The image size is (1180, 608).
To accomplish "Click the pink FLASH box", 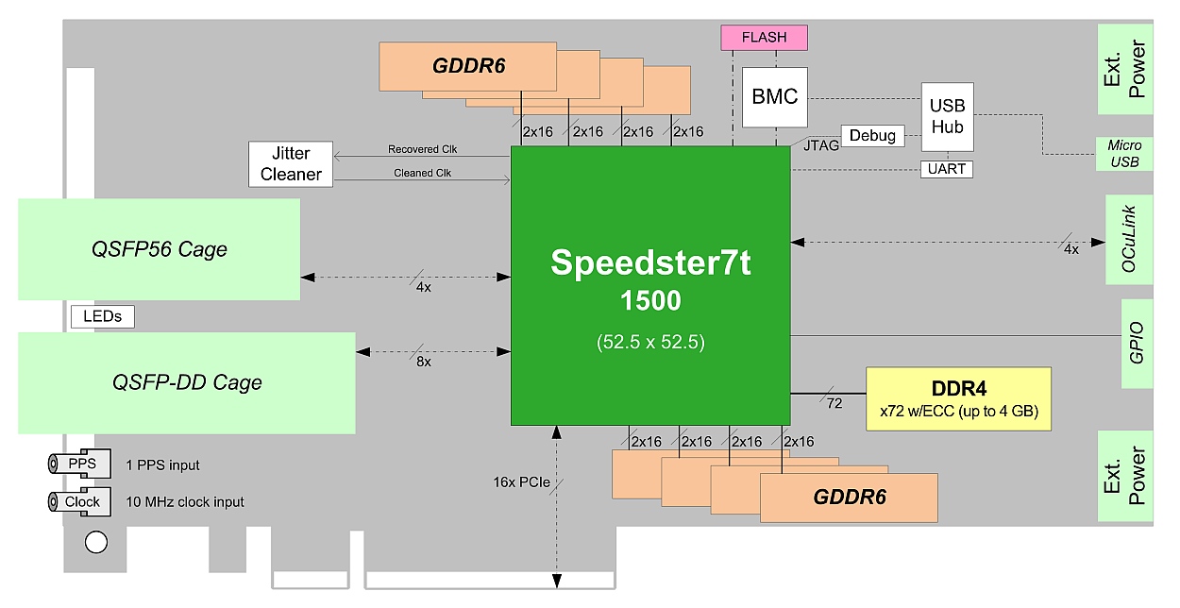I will pyautogui.click(x=764, y=38).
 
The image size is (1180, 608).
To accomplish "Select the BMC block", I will pyautogui.click(x=774, y=96).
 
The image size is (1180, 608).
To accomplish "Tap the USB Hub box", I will pyautogui.click(x=947, y=116).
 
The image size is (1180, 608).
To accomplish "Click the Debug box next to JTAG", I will pyautogui.click(x=871, y=136).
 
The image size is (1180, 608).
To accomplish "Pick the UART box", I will pyautogui.click(x=947, y=169).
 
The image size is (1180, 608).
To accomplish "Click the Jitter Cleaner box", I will pyautogui.click(x=291, y=163).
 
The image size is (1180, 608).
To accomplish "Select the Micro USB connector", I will pyautogui.click(x=1124, y=154).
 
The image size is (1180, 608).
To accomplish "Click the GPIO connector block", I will pyautogui.click(x=1136, y=344).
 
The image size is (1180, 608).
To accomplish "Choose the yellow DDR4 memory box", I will pyautogui.click(x=958, y=398).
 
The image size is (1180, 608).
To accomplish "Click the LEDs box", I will pyautogui.click(x=102, y=316).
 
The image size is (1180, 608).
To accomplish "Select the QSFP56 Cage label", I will pyautogui.click(x=159, y=249).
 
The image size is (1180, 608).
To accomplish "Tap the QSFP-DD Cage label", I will pyautogui.click(x=187, y=382).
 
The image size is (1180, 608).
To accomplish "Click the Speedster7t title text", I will pyautogui.click(x=650, y=263).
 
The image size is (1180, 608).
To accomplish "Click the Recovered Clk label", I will pyautogui.click(x=422, y=149).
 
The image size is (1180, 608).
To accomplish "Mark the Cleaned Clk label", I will pyautogui.click(x=422, y=173).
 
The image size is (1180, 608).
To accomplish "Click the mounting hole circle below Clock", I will pyautogui.click(x=95, y=542).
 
